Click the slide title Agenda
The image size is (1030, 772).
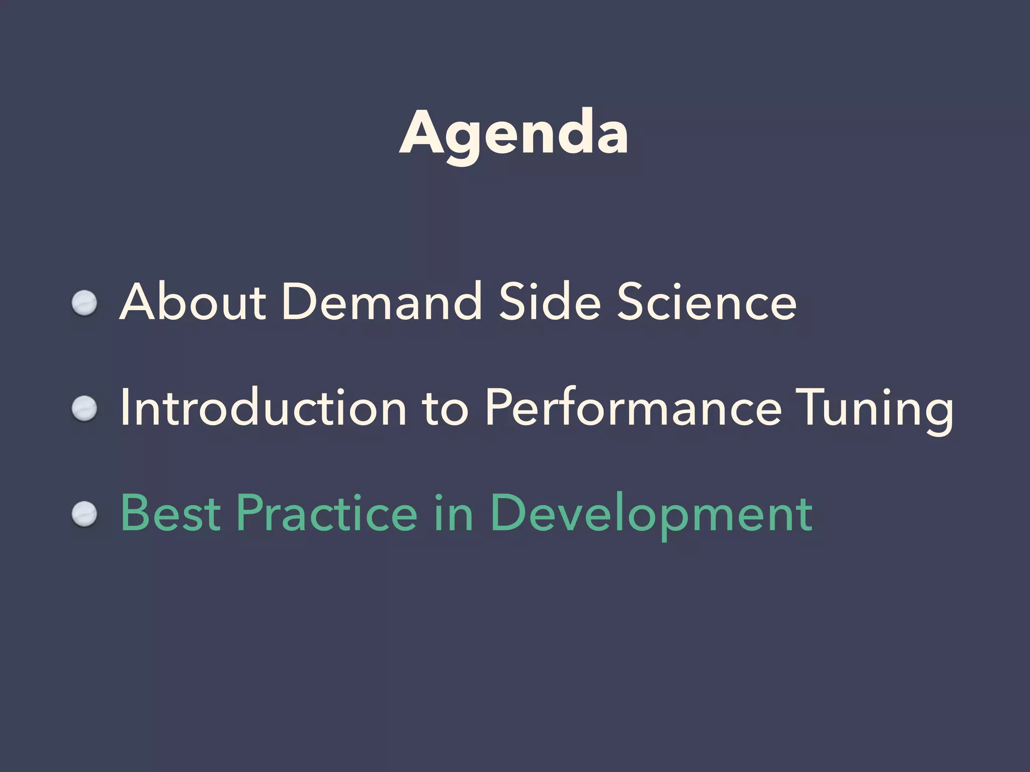pos(513,134)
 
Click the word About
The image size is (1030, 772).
pos(192,302)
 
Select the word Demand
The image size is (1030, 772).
pos(381,302)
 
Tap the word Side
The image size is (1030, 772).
pos(550,302)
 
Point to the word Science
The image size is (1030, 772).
pos(706,302)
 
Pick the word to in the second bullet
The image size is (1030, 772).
pos(445,408)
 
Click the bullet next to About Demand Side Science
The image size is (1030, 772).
pos(84,304)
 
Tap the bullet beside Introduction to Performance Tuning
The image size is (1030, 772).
pos(84,409)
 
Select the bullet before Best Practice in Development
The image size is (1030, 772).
pos(84,515)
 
